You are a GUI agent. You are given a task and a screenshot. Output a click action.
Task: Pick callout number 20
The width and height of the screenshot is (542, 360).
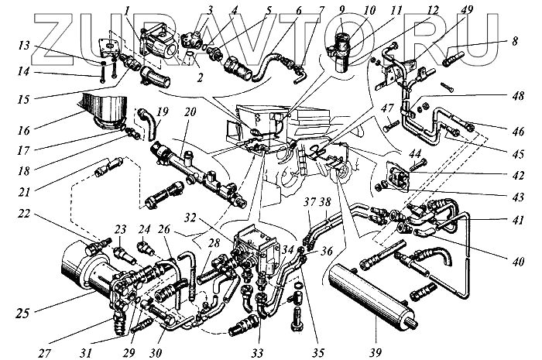coord(188,111)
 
